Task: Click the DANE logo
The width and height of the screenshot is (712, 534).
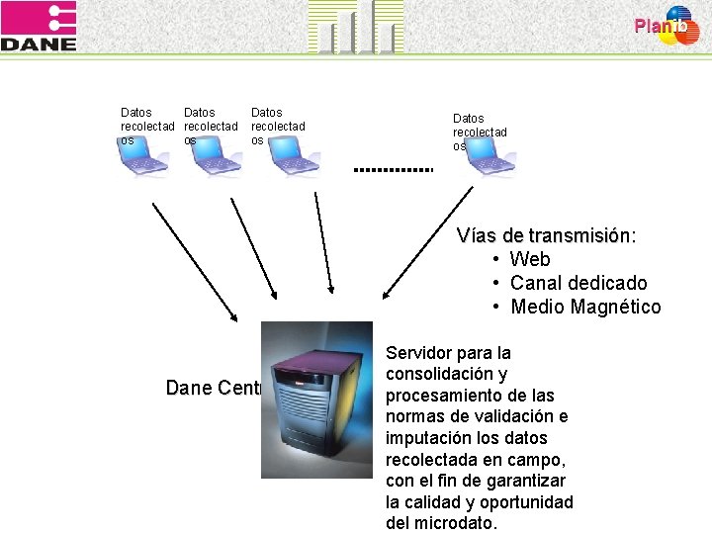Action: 39,27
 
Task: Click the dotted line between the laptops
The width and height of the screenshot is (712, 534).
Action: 394,170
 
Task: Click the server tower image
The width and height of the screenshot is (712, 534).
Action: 316,400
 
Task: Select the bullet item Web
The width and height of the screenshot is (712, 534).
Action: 530,260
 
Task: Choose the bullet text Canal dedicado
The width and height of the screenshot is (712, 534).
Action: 578,284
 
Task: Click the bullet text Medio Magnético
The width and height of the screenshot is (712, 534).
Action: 585,308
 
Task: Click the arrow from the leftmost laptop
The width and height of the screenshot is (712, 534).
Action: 194,262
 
